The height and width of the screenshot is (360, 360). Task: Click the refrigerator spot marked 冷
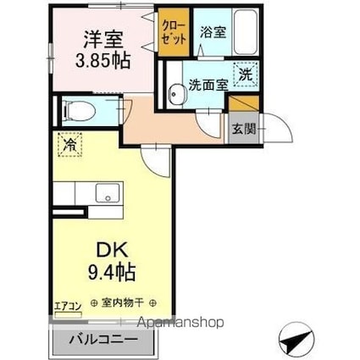[x=66, y=146]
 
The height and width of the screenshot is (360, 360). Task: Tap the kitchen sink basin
[x=107, y=192]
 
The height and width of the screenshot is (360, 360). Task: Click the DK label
[x=108, y=252]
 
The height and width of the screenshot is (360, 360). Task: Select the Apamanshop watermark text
[x=179, y=323]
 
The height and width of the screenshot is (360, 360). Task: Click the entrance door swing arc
[x=280, y=134]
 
